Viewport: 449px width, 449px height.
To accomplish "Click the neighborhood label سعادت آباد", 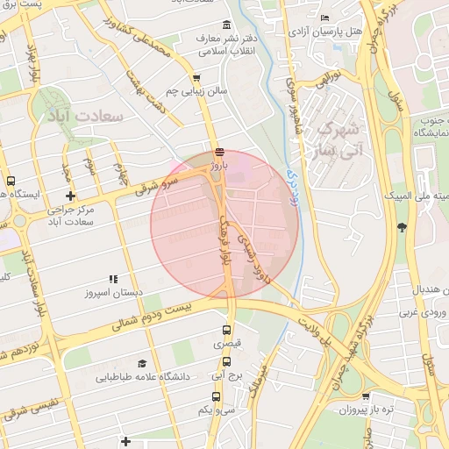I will (87, 116).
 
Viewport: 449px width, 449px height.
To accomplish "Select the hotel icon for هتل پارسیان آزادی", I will (325, 18).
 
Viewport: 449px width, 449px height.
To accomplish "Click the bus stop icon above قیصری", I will (227, 331).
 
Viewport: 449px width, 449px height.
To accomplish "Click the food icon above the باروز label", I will (218, 150).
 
